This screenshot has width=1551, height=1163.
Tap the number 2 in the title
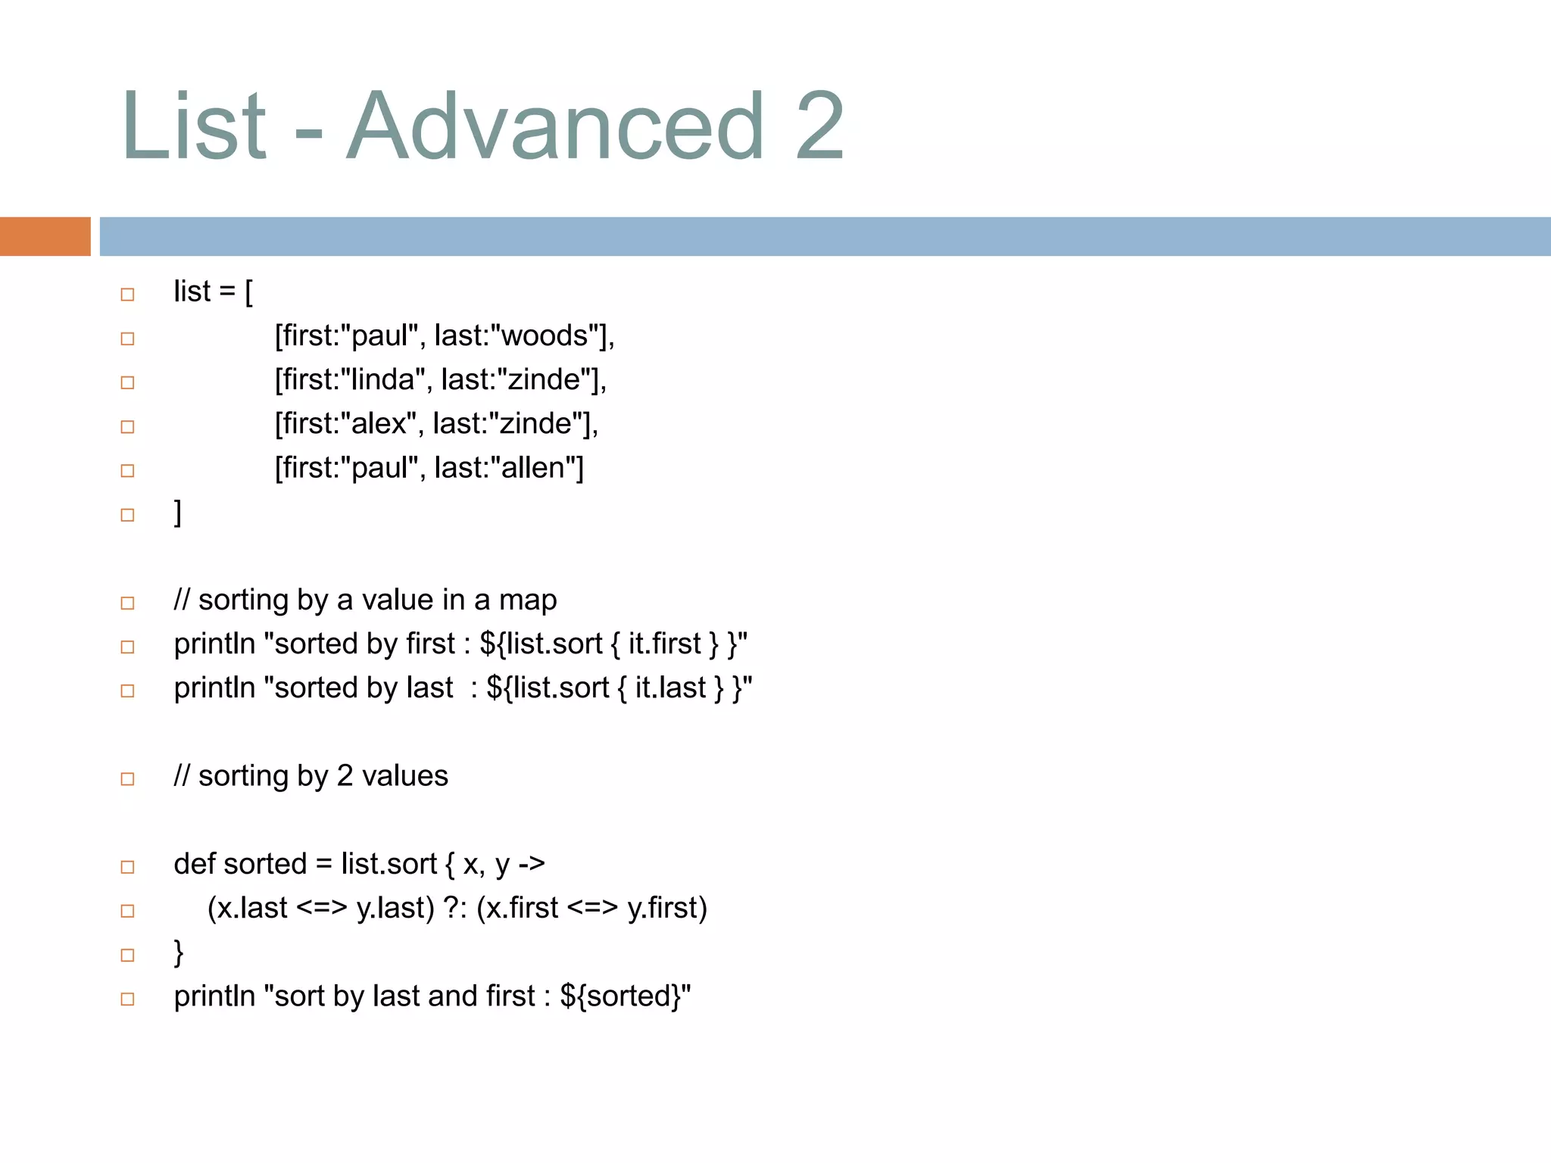[x=819, y=126]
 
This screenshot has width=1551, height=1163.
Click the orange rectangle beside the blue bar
[x=45, y=236]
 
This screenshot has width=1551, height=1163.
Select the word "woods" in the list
[x=545, y=335]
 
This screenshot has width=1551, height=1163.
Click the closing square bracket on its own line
[x=178, y=513]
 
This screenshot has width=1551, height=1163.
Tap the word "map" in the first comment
[x=528, y=600]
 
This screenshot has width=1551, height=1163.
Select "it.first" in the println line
[x=664, y=644]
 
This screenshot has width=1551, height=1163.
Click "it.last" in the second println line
[x=670, y=688]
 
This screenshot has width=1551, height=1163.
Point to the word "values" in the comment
[x=404, y=776]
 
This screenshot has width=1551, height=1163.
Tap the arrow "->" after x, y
[x=532, y=864]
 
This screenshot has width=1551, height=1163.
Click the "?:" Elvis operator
[x=455, y=908]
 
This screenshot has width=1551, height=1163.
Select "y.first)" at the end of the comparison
[x=667, y=908]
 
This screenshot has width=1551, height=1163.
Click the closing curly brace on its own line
[x=179, y=952]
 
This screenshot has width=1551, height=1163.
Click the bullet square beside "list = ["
[x=127, y=294]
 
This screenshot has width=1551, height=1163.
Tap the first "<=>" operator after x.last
[x=322, y=908]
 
